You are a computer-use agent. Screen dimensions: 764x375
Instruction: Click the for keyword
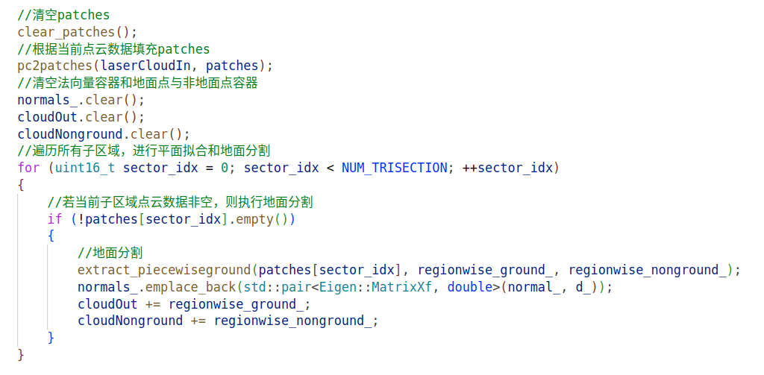point(29,168)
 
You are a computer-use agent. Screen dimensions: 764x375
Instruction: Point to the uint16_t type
point(85,168)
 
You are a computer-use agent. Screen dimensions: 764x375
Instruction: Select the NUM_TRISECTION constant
point(394,168)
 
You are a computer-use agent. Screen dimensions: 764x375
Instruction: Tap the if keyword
point(55,219)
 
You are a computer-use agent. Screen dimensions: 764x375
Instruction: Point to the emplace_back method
point(190,287)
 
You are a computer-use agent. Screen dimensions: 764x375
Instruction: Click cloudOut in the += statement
point(107,304)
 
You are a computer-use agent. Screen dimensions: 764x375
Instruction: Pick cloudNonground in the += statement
point(131,321)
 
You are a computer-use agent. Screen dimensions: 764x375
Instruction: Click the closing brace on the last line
point(21,355)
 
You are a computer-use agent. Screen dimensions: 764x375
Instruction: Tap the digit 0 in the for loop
point(225,168)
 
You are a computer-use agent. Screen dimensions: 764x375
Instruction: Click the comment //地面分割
point(110,253)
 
